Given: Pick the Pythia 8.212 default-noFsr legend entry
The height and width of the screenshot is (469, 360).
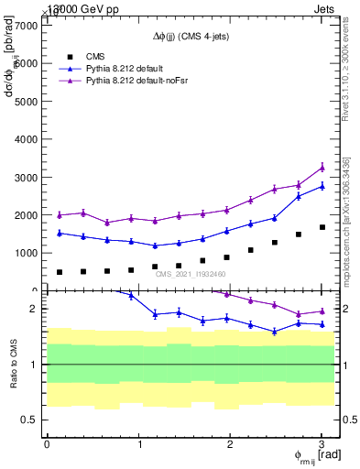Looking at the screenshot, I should point(136,82).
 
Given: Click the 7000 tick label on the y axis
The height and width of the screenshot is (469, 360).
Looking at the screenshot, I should point(26,26).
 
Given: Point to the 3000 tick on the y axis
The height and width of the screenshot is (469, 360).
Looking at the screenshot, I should point(26,177).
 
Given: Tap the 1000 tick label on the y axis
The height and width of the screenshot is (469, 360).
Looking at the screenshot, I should point(26,253).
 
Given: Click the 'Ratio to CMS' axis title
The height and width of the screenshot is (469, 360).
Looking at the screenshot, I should point(13,364).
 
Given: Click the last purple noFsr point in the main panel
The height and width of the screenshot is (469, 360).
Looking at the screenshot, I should point(322,168).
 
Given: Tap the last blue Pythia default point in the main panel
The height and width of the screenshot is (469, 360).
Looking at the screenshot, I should point(322,186).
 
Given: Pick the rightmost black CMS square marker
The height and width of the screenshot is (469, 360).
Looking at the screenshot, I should point(322,227).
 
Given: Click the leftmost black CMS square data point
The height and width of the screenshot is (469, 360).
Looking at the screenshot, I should point(60,272).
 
